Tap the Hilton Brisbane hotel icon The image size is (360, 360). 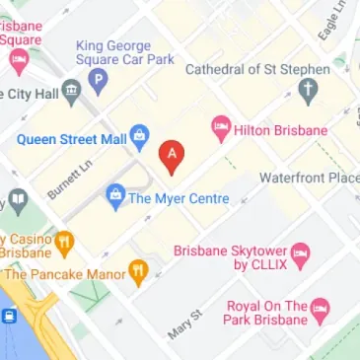221,128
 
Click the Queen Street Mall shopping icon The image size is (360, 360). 139,134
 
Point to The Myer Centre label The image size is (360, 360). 179,198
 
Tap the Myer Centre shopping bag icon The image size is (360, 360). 116,193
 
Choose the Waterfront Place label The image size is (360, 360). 309,178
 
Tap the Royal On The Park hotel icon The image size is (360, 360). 319,314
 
